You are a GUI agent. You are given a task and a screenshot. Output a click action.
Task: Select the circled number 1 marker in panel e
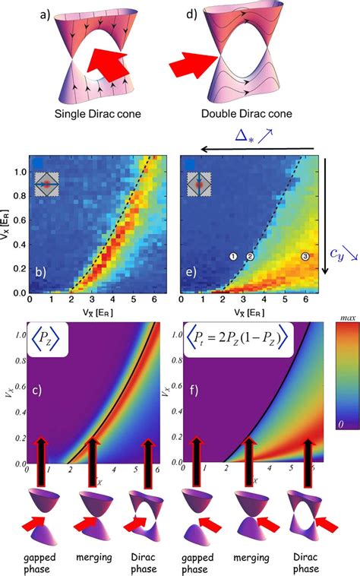click(234, 257)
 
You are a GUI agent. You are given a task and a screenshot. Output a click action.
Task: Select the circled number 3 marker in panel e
click(305, 257)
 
